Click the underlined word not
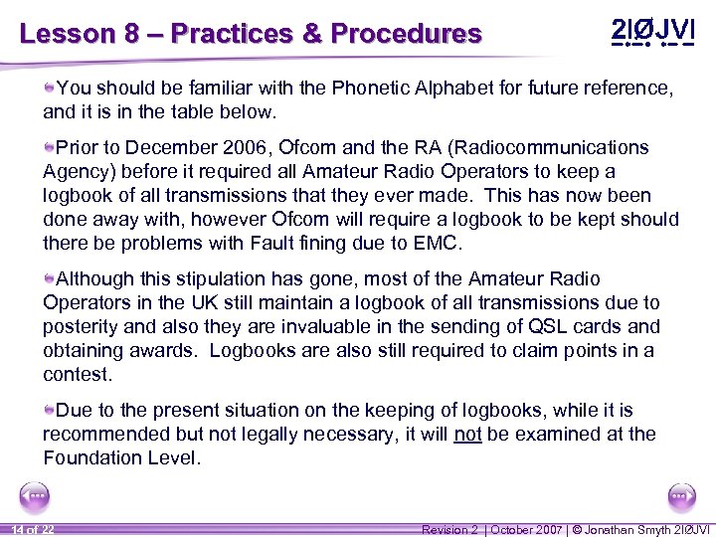(467, 434)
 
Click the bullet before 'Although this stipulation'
(49, 279)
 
